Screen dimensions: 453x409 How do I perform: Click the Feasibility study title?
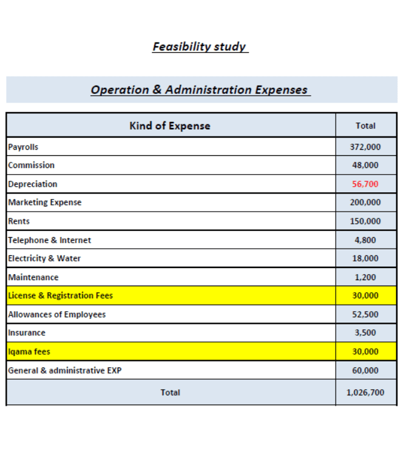click(200, 47)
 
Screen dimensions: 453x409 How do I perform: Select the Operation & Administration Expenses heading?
click(200, 90)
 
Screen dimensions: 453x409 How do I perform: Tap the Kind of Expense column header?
click(170, 126)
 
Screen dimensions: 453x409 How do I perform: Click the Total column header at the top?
click(365, 126)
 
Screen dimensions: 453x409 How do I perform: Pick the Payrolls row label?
click(23, 147)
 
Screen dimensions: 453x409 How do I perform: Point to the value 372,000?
click(365, 147)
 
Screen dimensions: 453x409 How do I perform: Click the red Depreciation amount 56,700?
click(365, 184)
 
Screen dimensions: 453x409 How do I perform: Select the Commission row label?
click(31, 165)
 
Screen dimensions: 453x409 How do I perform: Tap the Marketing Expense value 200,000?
click(365, 203)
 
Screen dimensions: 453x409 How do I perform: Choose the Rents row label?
click(19, 221)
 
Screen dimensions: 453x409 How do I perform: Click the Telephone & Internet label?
click(49, 240)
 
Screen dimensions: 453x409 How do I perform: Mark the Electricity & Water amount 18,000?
click(365, 258)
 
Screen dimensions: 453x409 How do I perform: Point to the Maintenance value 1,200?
click(365, 277)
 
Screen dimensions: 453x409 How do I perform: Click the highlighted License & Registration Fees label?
click(60, 295)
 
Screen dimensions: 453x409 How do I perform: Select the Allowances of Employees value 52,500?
click(365, 314)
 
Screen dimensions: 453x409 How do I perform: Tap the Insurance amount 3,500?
click(365, 333)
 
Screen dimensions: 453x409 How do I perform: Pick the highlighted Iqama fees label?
click(29, 351)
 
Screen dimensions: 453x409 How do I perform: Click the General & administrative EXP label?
click(64, 370)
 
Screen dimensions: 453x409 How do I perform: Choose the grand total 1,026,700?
click(365, 392)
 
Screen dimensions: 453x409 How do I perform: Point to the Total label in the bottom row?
click(170, 392)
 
